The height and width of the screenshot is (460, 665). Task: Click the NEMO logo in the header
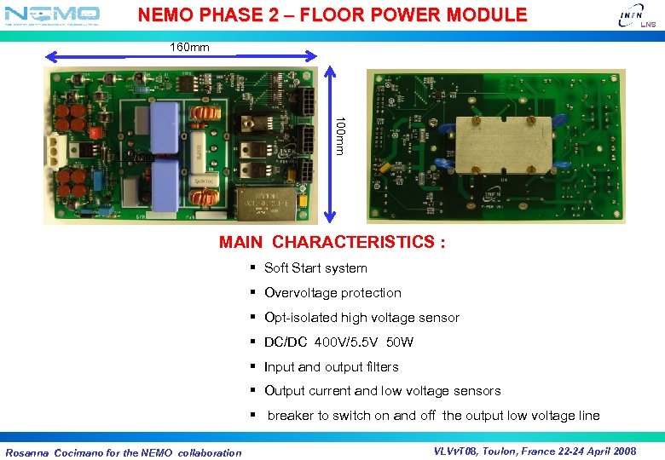[x=52, y=14]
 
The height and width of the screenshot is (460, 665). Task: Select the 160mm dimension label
[x=189, y=48]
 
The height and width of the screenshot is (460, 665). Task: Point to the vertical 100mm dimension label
[x=339, y=135]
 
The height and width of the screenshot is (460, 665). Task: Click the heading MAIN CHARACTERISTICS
[x=332, y=242]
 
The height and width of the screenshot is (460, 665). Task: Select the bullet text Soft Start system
[x=315, y=268]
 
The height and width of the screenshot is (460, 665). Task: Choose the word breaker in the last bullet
[x=290, y=416]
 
